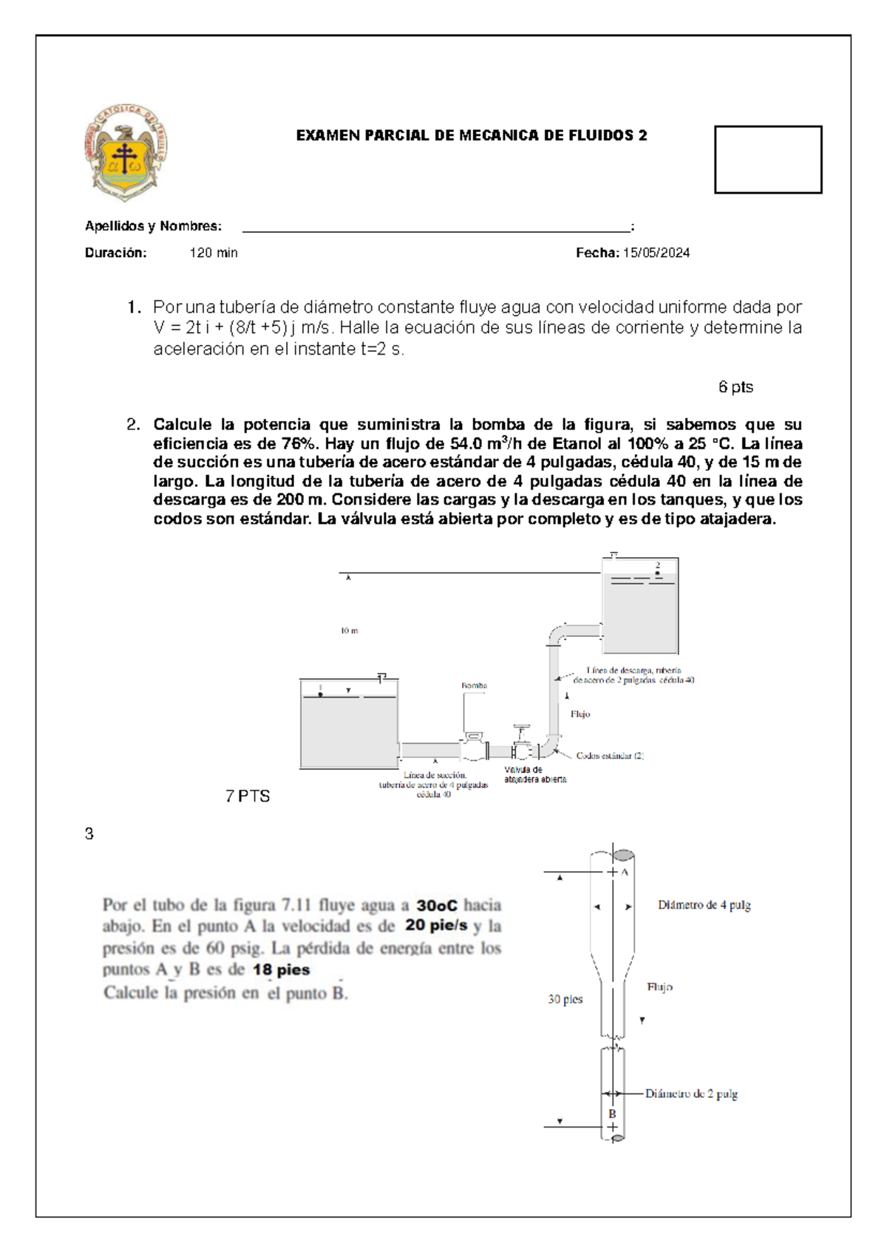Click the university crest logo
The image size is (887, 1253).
(125, 152)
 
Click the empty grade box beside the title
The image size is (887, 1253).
(767, 160)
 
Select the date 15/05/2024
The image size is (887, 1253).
(656, 253)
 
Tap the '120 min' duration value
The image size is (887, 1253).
(214, 253)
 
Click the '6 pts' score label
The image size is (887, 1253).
(735, 387)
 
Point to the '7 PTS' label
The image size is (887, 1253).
(248, 796)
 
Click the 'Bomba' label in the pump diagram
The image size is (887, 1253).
(474, 686)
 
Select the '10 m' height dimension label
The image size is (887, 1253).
(349, 631)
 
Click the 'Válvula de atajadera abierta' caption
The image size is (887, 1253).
(535, 774)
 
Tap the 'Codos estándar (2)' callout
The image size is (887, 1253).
(610, 756)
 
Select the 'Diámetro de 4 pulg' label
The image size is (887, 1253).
(704, 905)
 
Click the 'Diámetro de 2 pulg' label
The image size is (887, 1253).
(691, 1093)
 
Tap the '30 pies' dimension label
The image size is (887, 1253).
(565, 1000)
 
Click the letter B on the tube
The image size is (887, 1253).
(612, 1113)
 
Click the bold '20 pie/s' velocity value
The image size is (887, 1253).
(436, 926)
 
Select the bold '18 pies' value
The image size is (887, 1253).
(281, 970)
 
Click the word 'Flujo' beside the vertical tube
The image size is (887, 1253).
(659, 987)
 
